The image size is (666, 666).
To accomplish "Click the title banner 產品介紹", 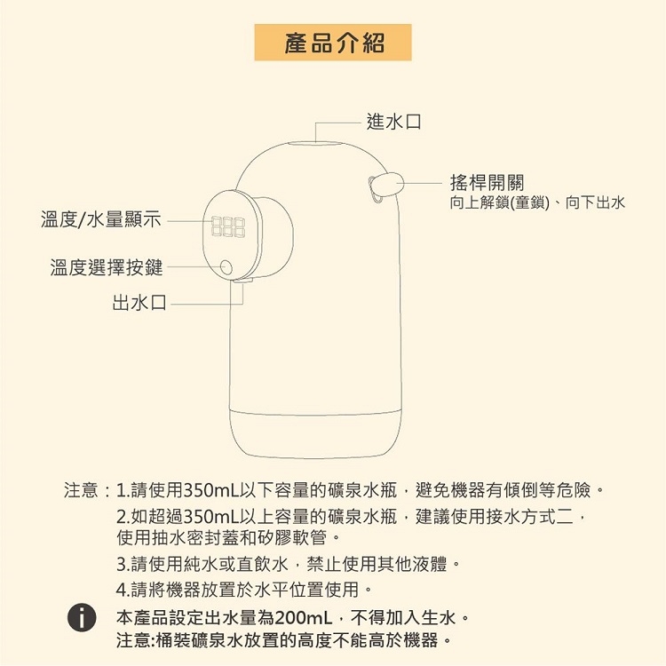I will click(x=333, y=42).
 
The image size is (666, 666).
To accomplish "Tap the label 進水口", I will click(x=393, y=121).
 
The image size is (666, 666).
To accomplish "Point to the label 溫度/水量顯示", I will click(x=101, y=219).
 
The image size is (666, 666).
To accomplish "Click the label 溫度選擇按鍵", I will click(x=106, y=266).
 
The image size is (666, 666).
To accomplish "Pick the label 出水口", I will click(x=139, y=304).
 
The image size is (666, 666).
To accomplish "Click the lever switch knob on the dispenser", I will click(x=384, y=185).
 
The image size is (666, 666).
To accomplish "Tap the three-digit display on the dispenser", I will click(x=228, y=226).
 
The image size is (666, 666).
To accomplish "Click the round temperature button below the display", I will click(x=226, y=267).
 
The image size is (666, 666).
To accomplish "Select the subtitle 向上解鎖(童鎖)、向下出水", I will click(x=537, y=203).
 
